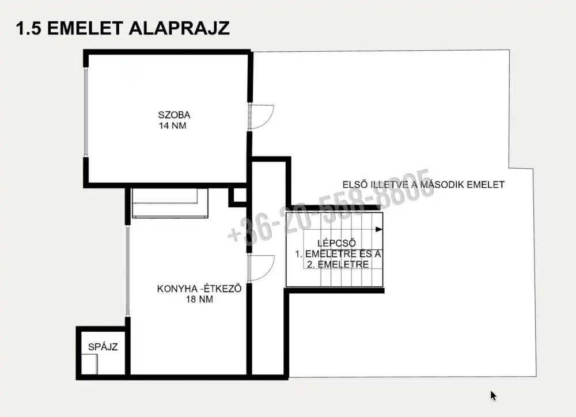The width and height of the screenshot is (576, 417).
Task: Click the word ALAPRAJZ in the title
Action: (179, 28)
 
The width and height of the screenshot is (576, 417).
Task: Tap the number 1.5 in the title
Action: (29, 28)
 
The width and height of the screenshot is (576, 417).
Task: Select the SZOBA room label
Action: (174, 115)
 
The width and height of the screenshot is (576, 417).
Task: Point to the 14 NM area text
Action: (172, 126)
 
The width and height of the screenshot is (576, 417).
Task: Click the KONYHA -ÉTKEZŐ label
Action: (199, 289)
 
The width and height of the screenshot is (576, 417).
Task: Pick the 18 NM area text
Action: (199, 300)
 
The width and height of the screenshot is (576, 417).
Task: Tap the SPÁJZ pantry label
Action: (103, 347)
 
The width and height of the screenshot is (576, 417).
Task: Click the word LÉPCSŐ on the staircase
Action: (336, 243)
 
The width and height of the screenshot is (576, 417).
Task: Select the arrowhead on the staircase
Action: (379, 230)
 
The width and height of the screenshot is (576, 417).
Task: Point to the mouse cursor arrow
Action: (494, 396)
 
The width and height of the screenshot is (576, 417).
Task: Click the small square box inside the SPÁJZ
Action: (89, 364)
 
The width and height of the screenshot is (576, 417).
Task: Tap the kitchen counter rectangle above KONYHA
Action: (170, 203)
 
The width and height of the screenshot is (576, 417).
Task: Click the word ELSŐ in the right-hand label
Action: (355, 184)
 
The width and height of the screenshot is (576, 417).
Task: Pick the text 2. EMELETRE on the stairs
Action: (338, 264)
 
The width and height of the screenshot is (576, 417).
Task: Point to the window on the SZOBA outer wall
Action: (86, 112)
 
